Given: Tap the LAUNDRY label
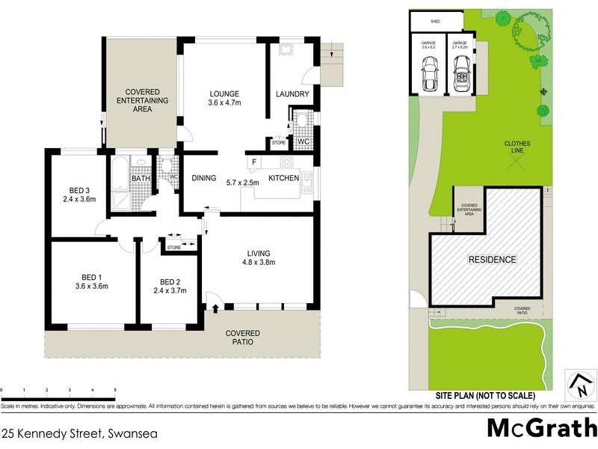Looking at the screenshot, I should tap(288, 94).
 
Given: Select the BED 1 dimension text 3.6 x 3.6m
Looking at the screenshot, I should tap(92, 286).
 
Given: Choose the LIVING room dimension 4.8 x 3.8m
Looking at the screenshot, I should tap(259, 262).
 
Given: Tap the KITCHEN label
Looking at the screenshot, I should tap(284, 178).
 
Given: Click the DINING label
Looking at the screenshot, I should tap(204, 178).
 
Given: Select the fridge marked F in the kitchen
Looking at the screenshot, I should tap(254, 162).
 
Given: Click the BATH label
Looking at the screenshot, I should tap(141, 178).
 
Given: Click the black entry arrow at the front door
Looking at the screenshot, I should tap(216, 308).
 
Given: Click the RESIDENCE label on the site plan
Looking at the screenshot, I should tap(492, 260).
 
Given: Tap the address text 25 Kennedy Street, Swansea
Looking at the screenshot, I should tap(74, 433).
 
